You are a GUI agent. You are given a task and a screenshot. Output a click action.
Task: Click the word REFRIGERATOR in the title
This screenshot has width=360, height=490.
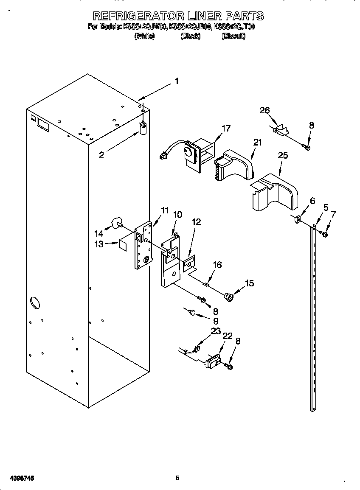pyautogui.click(x=138, y=17)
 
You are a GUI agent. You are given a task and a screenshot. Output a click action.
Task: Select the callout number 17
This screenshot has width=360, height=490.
pyautogui.click(x=226, y=128)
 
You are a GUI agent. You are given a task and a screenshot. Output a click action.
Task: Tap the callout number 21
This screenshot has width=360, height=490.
pyautogui.click(x=258, y=143)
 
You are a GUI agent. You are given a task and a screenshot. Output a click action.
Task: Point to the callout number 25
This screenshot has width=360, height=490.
pyautogui.click(x=282, y=155)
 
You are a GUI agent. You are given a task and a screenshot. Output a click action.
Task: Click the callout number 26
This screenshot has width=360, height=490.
pyautogui.click(x=264, y=111)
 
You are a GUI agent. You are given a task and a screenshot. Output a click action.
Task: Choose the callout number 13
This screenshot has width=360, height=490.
pyautogui.click(x=99, y=244)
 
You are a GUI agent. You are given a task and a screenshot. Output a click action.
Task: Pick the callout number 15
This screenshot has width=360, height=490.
pyautogui.click(x=249, y=283)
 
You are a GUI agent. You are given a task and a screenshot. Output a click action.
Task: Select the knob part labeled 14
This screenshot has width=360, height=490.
pyautogui.click(x=115, y=223)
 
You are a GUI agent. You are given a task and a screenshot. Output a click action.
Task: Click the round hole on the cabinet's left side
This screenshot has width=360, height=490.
pyautogui.click(x=35, y=303)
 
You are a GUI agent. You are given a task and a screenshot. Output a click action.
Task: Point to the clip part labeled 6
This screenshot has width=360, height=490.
pyautogui.click(x=298, y=219)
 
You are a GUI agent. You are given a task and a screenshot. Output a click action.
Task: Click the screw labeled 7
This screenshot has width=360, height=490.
pyautogui.click(x=325, y=234)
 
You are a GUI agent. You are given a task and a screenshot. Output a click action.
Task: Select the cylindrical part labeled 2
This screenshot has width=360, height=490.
pyautogui.click(x=143, y=127)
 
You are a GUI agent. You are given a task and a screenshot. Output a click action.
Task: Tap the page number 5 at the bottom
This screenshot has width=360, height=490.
pyautogui.click(x=177, y=478)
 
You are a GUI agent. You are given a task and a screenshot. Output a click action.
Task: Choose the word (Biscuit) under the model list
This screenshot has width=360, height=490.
pyautogui.click(x=233, y=36)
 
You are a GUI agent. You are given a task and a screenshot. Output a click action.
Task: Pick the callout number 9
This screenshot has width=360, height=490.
pyautogui.click(x=216, y=321)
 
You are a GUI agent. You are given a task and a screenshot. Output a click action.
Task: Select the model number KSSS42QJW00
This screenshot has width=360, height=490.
pyautogui.click(x=144, y=27)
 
